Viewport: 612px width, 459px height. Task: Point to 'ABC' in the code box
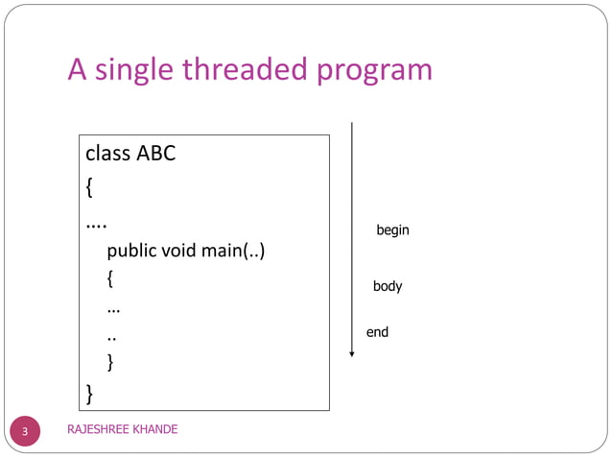(x=156, y=153)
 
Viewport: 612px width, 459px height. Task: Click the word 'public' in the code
(x=131, y=252)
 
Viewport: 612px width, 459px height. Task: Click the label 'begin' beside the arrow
(x=392, y=230)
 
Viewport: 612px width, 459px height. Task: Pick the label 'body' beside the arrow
(x=388, y=286)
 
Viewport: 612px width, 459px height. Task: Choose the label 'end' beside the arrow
(x=377, y=332)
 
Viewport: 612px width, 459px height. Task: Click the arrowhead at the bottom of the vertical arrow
(x=352, y=354)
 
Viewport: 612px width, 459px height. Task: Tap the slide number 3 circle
(x=25, y=431)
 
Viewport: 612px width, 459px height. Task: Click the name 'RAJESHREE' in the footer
(x=99, y=429)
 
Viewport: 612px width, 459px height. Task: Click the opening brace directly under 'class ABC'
(x=89, y=187)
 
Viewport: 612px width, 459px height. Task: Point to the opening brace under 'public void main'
(x=111, y=280)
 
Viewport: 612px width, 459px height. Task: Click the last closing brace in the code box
(x=89, y=394)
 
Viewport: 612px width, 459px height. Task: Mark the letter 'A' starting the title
(x=78, y=70)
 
